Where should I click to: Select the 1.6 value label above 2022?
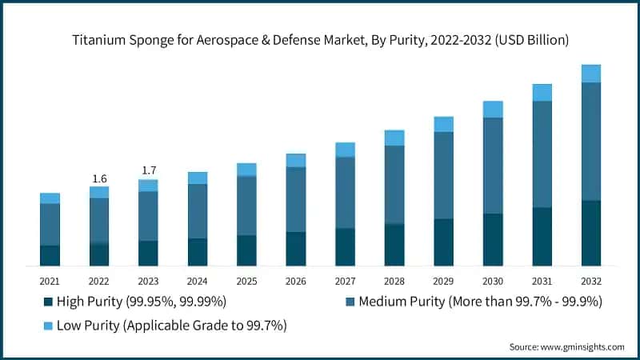coord(99,178)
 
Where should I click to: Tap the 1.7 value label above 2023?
coord(148,170)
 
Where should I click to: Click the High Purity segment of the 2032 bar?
coord(591,233)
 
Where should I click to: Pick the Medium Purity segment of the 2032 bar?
coord(591,141)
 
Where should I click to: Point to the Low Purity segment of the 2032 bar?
coord(591,74)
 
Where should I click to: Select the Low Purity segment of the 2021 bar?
coord(50,198)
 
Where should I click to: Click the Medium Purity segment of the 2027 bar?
coord(345,193)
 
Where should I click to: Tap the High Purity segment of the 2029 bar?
coord(443,242)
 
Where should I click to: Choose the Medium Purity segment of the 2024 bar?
coord(198,211)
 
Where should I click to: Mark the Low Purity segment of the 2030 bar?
coord(493,110)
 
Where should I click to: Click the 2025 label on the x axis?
coord(246,282)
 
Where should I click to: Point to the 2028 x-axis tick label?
coord(394,282)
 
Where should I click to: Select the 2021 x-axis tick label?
coord(50,282)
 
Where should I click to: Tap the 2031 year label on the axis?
coord(542,282)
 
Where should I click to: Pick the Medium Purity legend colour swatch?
coord(350,302)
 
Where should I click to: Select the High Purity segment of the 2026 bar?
coord(296,249)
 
